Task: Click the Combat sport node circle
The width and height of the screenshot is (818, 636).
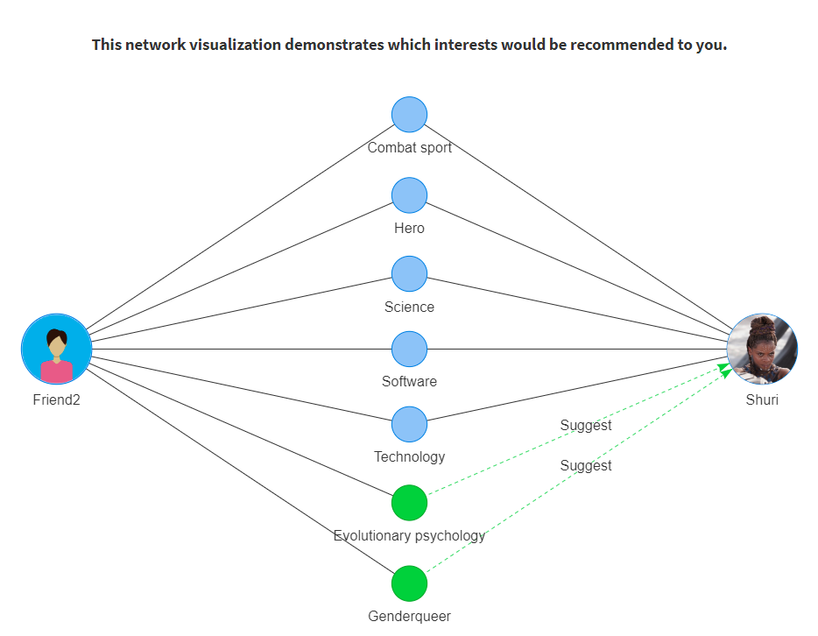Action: pos(410,115)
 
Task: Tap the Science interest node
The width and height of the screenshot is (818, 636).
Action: pos(410,274)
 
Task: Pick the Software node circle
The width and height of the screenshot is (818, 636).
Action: pos(410,349)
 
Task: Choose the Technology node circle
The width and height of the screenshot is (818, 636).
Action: pos(410,424)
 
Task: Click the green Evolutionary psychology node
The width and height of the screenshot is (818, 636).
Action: pos(410,503)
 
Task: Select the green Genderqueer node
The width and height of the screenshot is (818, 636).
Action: pos(410,583)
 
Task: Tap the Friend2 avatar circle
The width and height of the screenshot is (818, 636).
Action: pos(56,349)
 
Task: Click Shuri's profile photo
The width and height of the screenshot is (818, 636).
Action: pos(762,349)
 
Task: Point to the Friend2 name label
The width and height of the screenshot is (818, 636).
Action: pos(56,399)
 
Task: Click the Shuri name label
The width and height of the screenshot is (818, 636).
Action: pos(762,399)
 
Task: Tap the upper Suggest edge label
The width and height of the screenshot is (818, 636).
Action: pos(586,425)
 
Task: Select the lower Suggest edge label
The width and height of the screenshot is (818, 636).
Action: pos(586,465)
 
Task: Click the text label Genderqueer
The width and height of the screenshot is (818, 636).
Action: pos(410,616)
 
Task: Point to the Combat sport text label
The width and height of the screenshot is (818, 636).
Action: pos(410,148)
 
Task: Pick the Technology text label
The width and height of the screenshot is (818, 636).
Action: pos(410,457)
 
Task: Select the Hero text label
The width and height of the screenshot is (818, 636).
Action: pos(410,228)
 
